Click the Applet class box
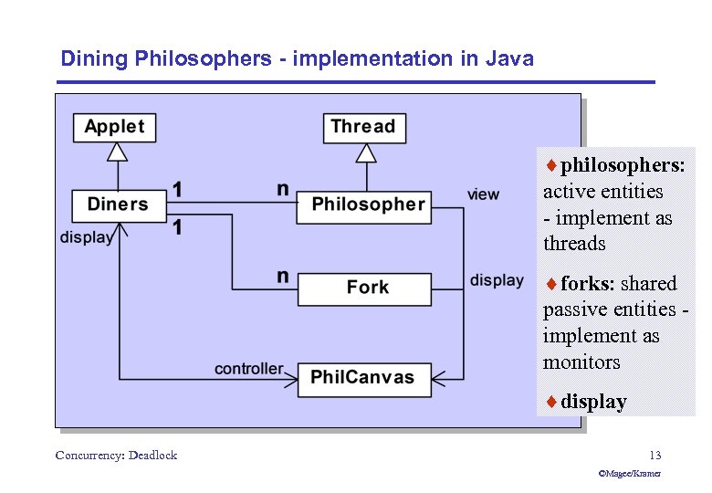coord(114,127)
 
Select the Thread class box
coord(362,127)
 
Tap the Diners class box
coord(118,205)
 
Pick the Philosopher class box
coord(368,205)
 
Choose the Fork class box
coord(366,288)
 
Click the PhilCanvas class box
coord(363,377)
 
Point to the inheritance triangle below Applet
coord(116,152)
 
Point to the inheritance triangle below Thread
coord(365,152)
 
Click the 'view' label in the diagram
coord(483,194)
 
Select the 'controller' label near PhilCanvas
coord(248,369)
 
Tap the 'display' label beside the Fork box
coord(497,280)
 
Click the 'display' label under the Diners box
coord(87,237)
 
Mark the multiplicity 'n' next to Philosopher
coord(283,189)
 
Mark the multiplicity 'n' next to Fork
coord(283,275)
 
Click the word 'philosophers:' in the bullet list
coord(623,165)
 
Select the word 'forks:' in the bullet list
coord(589,284)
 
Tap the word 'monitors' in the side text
coord(581,362)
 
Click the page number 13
coord(654,455)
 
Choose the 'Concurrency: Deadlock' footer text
coord(116,455)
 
